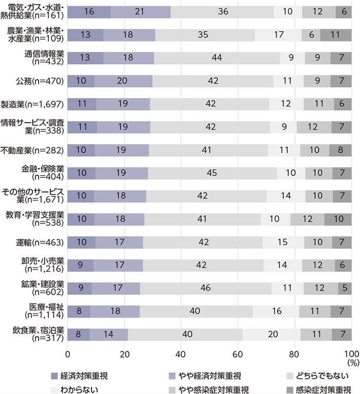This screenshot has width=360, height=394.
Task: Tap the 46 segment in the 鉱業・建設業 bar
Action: click(x=206, y=287)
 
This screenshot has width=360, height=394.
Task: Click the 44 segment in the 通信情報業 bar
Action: click(x=217, y=58)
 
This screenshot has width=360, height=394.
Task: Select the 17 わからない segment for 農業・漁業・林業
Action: click(x=279, y=35)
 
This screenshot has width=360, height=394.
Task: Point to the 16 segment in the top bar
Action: click(x=89, y=12)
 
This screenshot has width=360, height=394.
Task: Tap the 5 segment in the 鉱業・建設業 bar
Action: click(x=344, y=287)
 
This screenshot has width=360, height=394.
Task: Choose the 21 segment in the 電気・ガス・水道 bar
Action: click(x=141, y=12)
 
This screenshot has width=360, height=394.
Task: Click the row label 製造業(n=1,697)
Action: click(x=39, y=104)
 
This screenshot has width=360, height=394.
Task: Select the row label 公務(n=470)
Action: click(x=46, y=81)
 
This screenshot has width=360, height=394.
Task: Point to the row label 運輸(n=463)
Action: click(x=46, y=241)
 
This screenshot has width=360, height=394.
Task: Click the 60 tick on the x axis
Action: click(x=238, y=354)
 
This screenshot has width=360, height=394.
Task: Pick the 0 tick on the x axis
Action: click(x=67, y=354)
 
